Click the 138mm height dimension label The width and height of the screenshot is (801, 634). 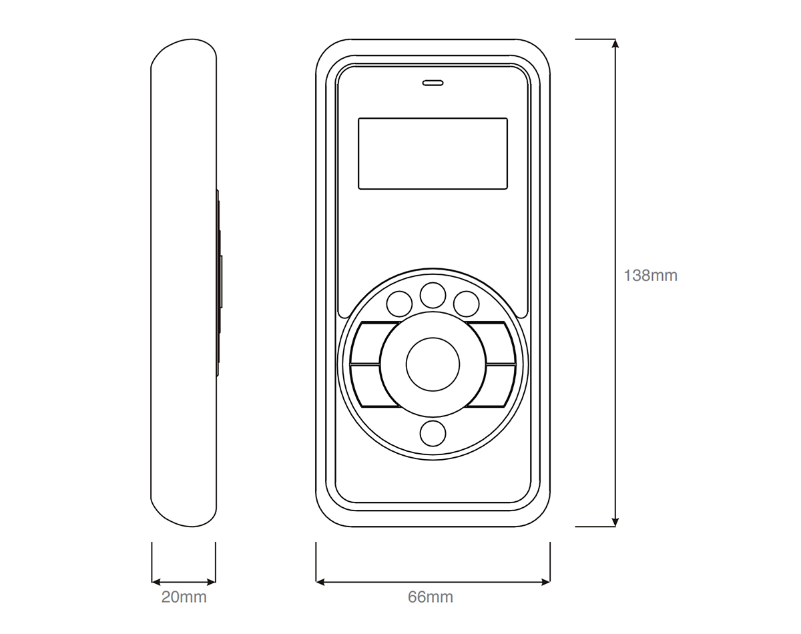point(650,276)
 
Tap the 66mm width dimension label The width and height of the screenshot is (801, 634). point(431,597)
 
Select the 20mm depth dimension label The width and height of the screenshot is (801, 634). point(184,597)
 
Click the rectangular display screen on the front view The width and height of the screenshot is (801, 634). point(433,153)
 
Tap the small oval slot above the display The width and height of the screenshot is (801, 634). point(433,83)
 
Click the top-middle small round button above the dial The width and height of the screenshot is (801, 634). point(433,296)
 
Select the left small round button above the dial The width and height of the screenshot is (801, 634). point(399,304)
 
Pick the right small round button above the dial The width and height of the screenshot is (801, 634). point(466,304)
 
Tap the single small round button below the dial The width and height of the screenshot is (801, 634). point(433,434)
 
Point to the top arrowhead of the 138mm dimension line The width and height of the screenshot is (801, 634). point(615,43)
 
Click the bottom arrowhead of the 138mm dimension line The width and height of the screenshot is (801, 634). point(615,523)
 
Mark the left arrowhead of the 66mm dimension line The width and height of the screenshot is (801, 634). point(320,582)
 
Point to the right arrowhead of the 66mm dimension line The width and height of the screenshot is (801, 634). point(546,582)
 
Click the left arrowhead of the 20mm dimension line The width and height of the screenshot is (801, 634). point(156,582)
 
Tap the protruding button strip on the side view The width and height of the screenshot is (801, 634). point(219,283)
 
